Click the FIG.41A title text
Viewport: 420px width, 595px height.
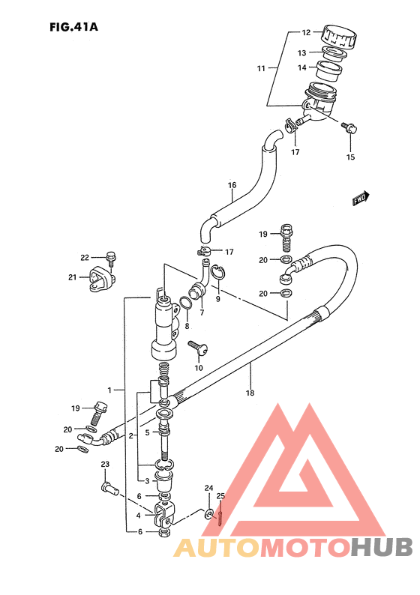pyautogui.click(x=73, y=27)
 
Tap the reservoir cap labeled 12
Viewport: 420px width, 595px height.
pyautogui.click(x=340, y=37)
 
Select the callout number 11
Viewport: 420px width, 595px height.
pyautogui.click(x=261, y=69)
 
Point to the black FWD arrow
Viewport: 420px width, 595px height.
pyautogui.click(x=361, y=198)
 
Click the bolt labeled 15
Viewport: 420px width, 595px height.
pyautogui.click(x=349, y=128)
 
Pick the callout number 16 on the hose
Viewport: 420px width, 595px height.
pyautogui.click(x=232, y=185)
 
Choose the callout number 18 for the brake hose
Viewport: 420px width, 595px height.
pyautogui.click(x=250, y=393)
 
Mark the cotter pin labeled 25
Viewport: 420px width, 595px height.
pyautogui.click(x=220, y=513)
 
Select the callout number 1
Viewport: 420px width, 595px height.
pyautogui.click(x=109, y=390)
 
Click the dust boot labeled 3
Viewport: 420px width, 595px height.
pyautogui.click(x=163, y=482)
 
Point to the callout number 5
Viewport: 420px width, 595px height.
pyautogui.click(x=147, y=432)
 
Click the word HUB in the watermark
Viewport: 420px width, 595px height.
pyautogui.click(x=381, y=548)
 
